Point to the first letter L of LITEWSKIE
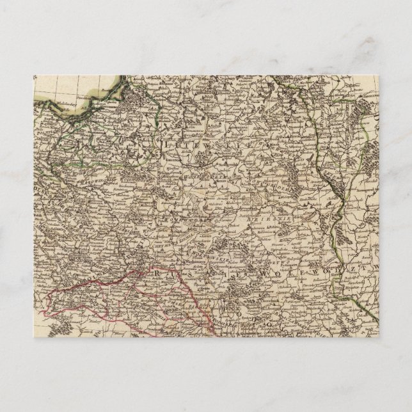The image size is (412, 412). coord(168,145)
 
